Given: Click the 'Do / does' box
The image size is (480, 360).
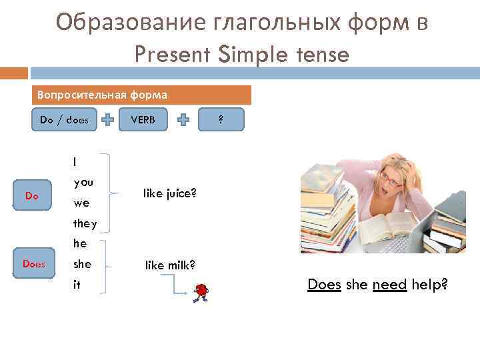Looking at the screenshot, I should click(65, 120).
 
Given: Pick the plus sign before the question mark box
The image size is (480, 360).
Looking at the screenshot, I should click(185, 120).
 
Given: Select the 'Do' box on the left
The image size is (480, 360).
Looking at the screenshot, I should click(32, 196).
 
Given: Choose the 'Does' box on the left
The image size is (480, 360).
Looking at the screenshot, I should click(33, 263).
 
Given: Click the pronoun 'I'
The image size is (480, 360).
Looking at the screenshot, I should click(75, 161).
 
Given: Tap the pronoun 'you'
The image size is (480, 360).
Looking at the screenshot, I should click(83, 181).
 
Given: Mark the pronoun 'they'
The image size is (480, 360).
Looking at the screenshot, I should click(85, 223).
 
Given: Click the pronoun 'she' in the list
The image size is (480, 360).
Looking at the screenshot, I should click(83, 264).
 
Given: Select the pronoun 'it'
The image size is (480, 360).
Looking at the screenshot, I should click(77, 284).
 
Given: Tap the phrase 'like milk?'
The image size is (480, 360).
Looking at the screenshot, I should click(170, 265).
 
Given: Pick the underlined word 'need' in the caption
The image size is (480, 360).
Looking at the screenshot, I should click(389, 285).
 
